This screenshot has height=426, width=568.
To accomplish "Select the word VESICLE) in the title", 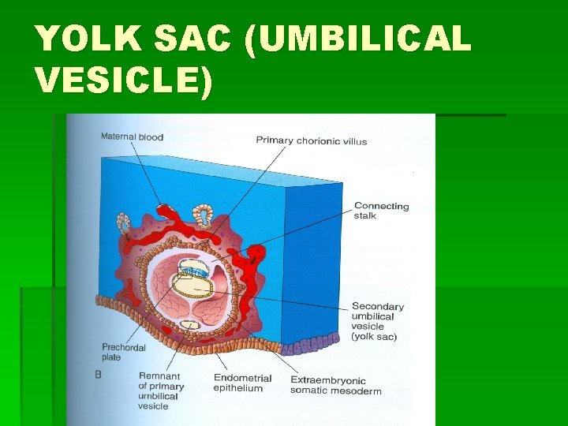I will [124, 80].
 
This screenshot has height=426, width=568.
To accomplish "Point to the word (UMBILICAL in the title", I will [358, 40].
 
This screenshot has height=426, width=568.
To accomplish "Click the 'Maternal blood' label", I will [132, 137].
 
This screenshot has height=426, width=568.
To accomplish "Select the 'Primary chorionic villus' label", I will [311, 141].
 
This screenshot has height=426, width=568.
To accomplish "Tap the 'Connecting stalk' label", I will [381, 211].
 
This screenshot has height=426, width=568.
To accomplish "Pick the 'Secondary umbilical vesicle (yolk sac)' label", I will [378, 321].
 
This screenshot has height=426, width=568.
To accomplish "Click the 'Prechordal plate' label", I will [121, 352].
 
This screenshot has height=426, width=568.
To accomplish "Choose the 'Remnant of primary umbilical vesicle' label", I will [161, 391].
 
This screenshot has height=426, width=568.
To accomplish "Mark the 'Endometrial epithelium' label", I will [242, 383].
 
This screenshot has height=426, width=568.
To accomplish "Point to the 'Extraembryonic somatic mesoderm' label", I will [335, 385].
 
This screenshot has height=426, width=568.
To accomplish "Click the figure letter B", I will [98, 375].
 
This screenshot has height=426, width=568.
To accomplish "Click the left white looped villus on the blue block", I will [125, 221].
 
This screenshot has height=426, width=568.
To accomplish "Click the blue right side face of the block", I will [312, 252].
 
